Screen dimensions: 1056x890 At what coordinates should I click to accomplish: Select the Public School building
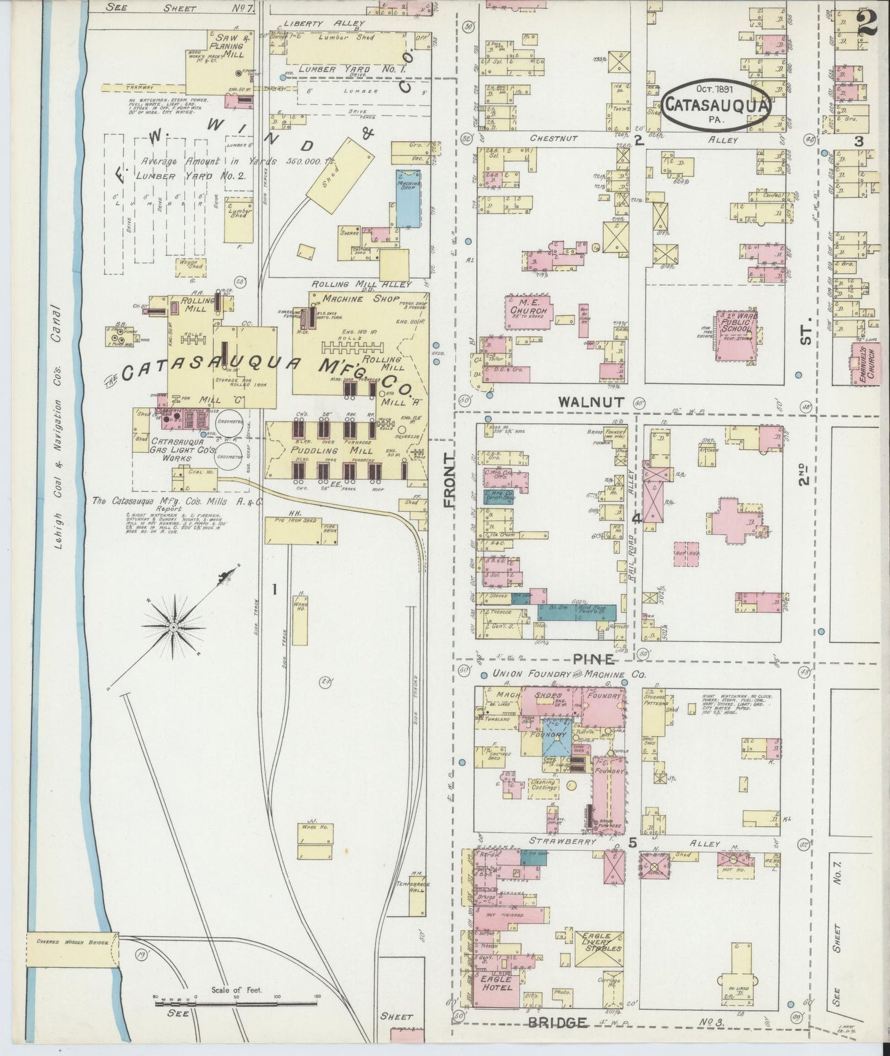pos(737,336)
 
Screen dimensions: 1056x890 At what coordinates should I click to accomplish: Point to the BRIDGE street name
pos(557,1023)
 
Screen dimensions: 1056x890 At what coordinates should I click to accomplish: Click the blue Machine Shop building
pos(408,197)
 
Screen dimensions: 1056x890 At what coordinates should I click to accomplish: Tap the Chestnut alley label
pos(553,139)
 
